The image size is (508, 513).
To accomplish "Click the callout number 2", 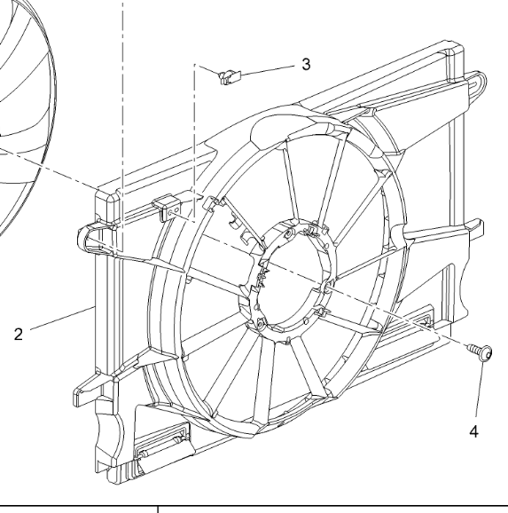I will pos(19,335).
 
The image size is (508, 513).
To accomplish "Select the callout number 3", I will pos(306,64).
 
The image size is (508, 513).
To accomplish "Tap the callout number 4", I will pos(474,431).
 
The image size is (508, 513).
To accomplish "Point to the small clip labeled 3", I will pos(229,76).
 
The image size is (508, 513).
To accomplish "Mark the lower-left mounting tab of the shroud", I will pos(89,389).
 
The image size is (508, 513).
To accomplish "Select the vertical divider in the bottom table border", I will pos(158,508).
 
